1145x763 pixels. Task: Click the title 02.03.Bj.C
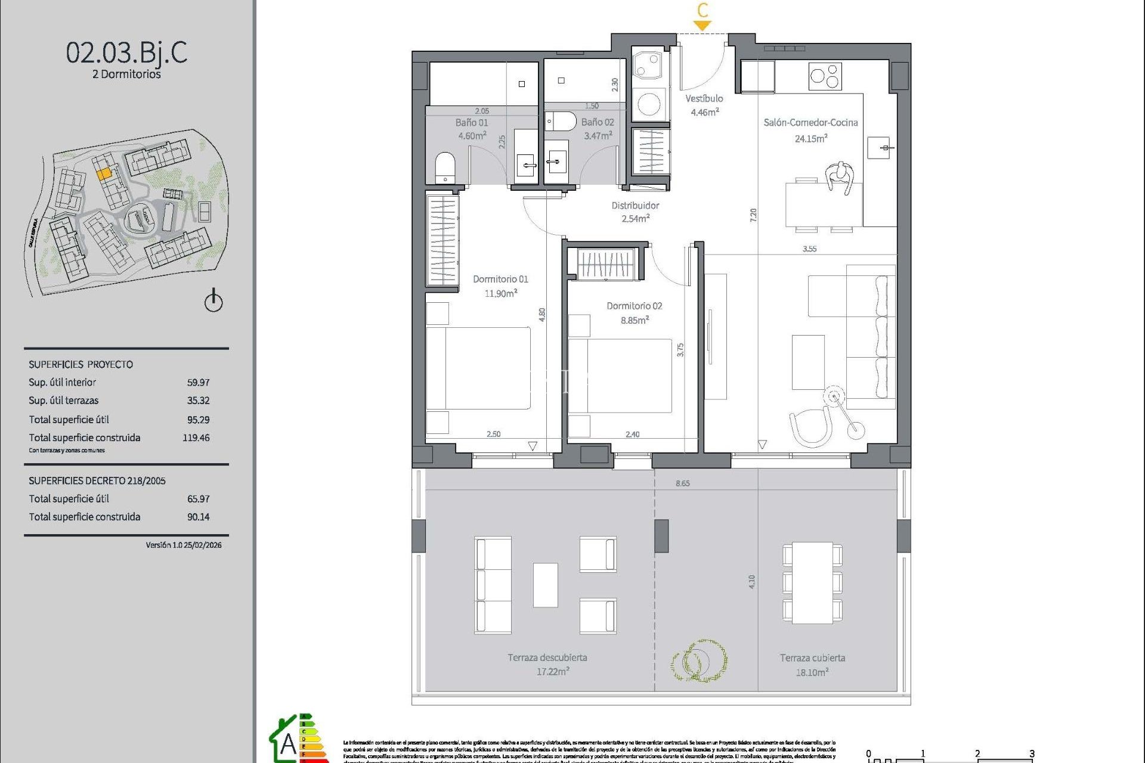126,53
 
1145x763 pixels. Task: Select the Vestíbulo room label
704,99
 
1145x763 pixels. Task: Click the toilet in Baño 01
445,166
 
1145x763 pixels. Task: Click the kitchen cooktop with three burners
825,76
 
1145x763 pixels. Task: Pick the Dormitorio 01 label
500,279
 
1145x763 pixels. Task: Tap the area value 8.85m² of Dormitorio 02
635,320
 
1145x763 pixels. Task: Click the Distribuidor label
635,206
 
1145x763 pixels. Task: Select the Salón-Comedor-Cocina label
810,123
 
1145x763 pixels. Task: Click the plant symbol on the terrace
698,660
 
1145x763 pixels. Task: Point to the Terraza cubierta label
812,658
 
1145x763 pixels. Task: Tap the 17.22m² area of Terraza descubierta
553,672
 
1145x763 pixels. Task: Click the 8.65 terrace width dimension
683,483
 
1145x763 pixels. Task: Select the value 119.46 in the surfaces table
196,438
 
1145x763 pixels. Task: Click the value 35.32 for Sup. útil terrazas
198,401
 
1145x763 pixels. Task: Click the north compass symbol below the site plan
213,301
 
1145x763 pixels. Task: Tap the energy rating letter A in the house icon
288,743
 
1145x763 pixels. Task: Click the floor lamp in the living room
835,396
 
